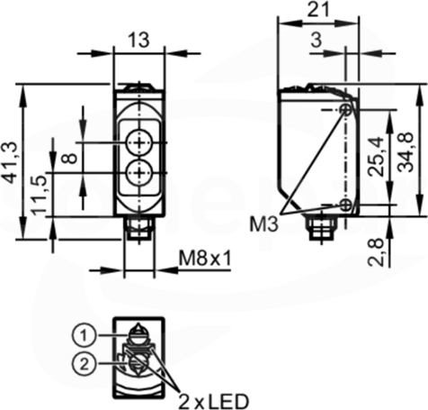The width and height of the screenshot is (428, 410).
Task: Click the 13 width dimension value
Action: (138, 40)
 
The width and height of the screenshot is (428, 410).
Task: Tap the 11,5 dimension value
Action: (40, 194)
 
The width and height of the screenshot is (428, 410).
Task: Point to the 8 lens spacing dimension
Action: (71, 158)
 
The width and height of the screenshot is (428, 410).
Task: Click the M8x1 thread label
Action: (205, 259)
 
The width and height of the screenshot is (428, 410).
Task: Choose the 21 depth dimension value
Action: (319, 9)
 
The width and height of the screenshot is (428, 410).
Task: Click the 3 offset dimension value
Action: (317, 40)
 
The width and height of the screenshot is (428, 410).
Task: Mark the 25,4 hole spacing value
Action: (376, 156)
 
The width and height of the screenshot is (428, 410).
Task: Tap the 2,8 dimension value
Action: (376, 252)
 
